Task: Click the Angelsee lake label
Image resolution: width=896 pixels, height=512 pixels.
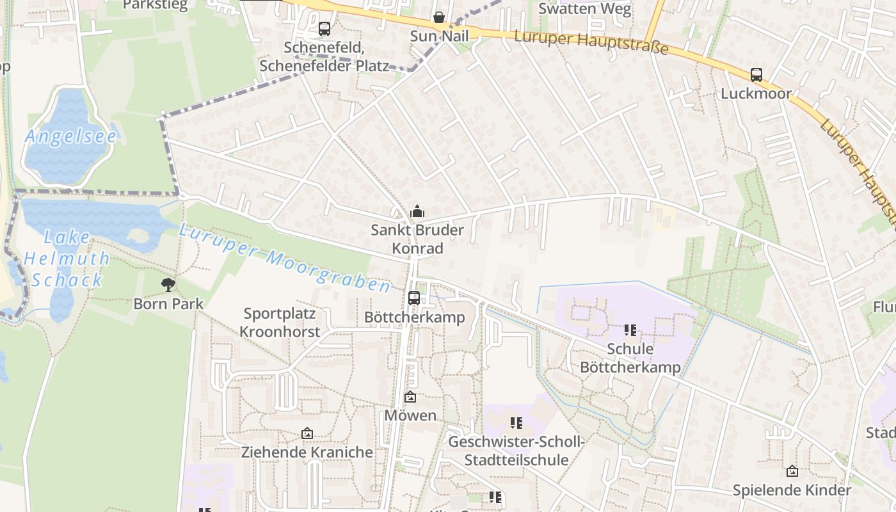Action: point(70,136)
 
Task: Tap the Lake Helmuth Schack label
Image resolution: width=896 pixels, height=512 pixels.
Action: point(67,259)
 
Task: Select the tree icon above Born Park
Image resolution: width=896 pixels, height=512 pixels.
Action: point(168,285)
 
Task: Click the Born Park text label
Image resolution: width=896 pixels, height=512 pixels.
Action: point(168,303)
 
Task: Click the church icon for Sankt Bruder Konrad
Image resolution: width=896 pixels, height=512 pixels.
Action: point(417,211)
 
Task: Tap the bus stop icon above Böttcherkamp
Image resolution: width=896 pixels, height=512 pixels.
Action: point(414,298)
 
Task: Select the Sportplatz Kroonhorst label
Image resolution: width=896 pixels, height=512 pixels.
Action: point(279,323)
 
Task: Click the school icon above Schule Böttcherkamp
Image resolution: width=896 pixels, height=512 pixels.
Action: point(630,330)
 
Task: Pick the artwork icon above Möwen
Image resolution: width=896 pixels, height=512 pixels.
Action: point(410,397)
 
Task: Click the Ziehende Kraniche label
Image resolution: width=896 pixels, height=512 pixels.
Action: point(307,452)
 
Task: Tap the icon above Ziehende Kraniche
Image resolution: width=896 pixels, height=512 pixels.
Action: point(307,434)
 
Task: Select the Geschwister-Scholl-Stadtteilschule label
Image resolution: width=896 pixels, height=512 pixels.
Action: point(516,451)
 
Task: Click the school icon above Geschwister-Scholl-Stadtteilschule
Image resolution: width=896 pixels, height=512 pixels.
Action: point(516,423)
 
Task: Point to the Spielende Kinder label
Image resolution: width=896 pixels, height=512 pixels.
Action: point(792,490)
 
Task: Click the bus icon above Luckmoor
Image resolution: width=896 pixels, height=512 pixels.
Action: point(756,75)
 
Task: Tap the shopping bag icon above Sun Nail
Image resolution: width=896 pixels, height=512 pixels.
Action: point(439,17)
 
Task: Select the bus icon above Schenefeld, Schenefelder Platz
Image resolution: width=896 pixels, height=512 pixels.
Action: point(324,29)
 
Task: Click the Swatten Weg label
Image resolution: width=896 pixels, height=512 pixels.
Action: point(584,9)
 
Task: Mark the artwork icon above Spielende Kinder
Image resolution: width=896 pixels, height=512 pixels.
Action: point(792,471)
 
